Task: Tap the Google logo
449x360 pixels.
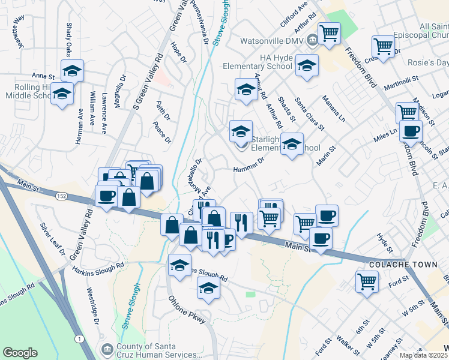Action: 20,353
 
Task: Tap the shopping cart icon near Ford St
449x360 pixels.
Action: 367,280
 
